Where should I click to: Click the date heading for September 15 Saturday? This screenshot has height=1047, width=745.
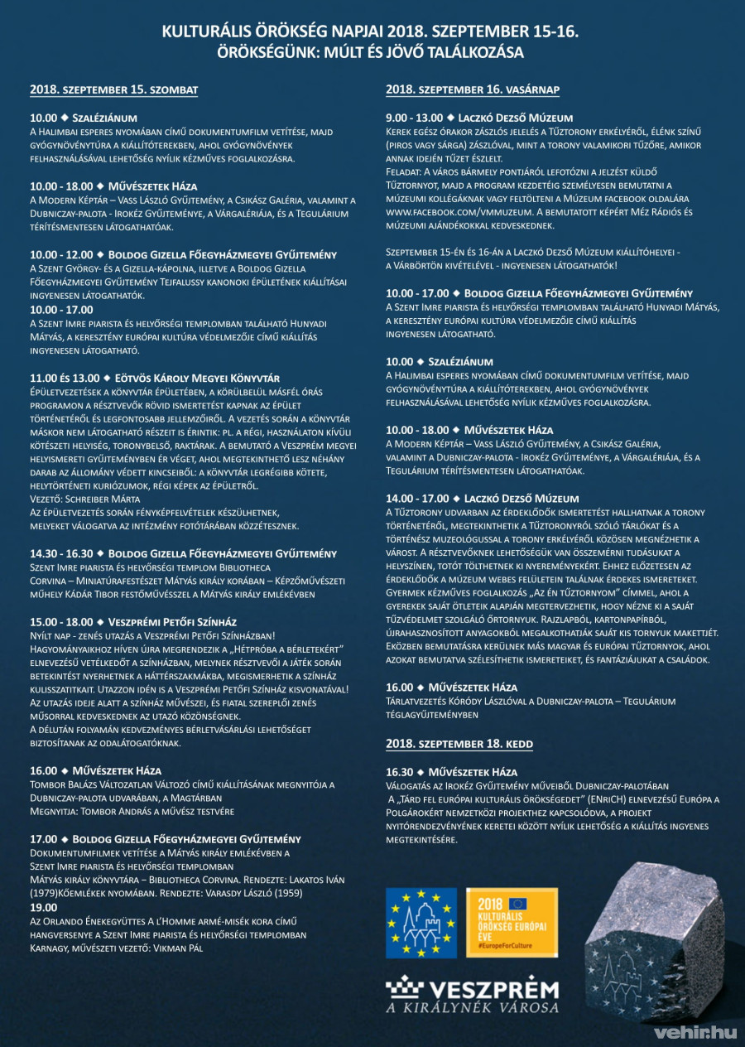click(x=114, y=89)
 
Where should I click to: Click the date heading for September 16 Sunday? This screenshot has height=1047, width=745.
click(x=473, y=89)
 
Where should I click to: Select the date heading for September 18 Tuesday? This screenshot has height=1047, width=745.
click(x=460, y=745)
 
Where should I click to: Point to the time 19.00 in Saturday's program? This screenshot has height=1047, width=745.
click(x=44, y=908)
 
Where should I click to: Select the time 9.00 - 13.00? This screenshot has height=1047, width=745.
click(x=414, y=118)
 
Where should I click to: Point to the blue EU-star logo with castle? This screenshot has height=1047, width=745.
click(x=421, y=923)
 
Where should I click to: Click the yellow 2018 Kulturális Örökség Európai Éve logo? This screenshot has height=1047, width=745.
click(x=515, y=923)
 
